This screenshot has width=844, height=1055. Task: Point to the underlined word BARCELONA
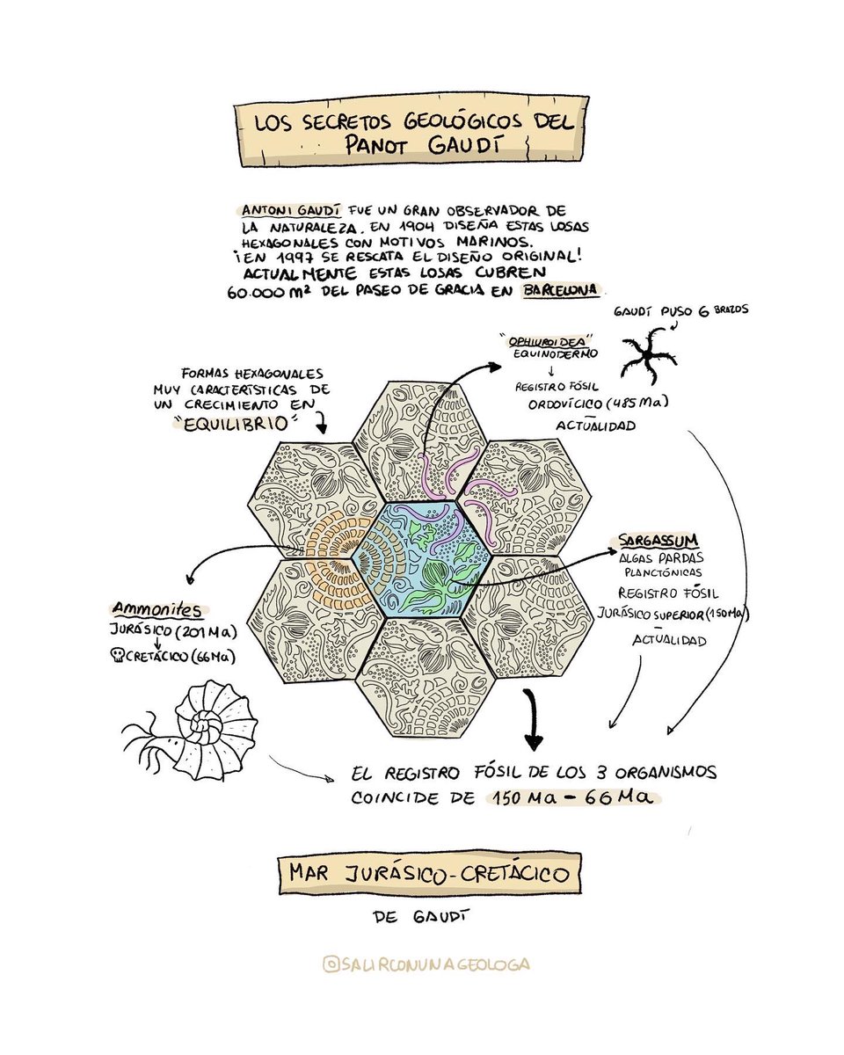[559, 291]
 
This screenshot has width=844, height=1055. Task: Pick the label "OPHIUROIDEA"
[544, 338]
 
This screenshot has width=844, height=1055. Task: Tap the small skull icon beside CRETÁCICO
[120, 656]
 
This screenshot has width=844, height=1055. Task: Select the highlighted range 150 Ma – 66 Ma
[571, 798]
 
